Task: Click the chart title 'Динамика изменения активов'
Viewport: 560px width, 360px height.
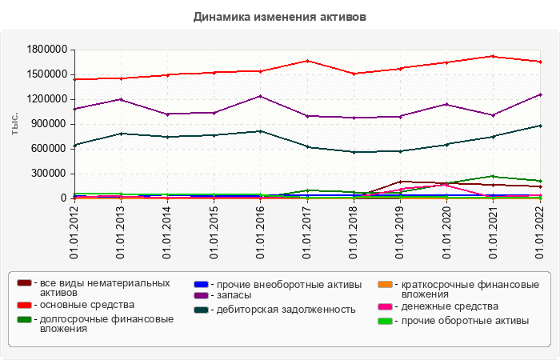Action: (280, 17)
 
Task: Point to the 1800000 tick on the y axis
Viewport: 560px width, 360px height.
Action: (46, 49)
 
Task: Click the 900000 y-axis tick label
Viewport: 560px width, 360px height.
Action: (48, 124)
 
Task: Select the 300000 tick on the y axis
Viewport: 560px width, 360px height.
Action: (48, 174)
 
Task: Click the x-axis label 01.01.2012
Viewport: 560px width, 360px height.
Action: (74, 233)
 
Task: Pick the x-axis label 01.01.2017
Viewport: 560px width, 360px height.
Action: (307, 233)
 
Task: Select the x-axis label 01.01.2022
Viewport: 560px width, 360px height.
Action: (541, 233)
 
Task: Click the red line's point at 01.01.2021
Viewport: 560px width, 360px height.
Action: (494, 56)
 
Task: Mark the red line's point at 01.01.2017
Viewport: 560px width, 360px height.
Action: (307, 61)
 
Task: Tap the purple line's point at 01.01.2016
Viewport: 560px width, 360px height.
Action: (261, 96)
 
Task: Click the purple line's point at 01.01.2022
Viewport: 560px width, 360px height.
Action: (541, 94)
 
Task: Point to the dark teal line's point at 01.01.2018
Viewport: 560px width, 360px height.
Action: (354, 152)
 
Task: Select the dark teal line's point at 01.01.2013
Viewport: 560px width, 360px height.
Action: (121, 134)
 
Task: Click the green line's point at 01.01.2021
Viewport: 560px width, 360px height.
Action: (494, 176)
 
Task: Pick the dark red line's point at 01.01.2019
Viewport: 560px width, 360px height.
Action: (401, 182)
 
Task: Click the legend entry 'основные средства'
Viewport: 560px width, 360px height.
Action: (86, 305)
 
